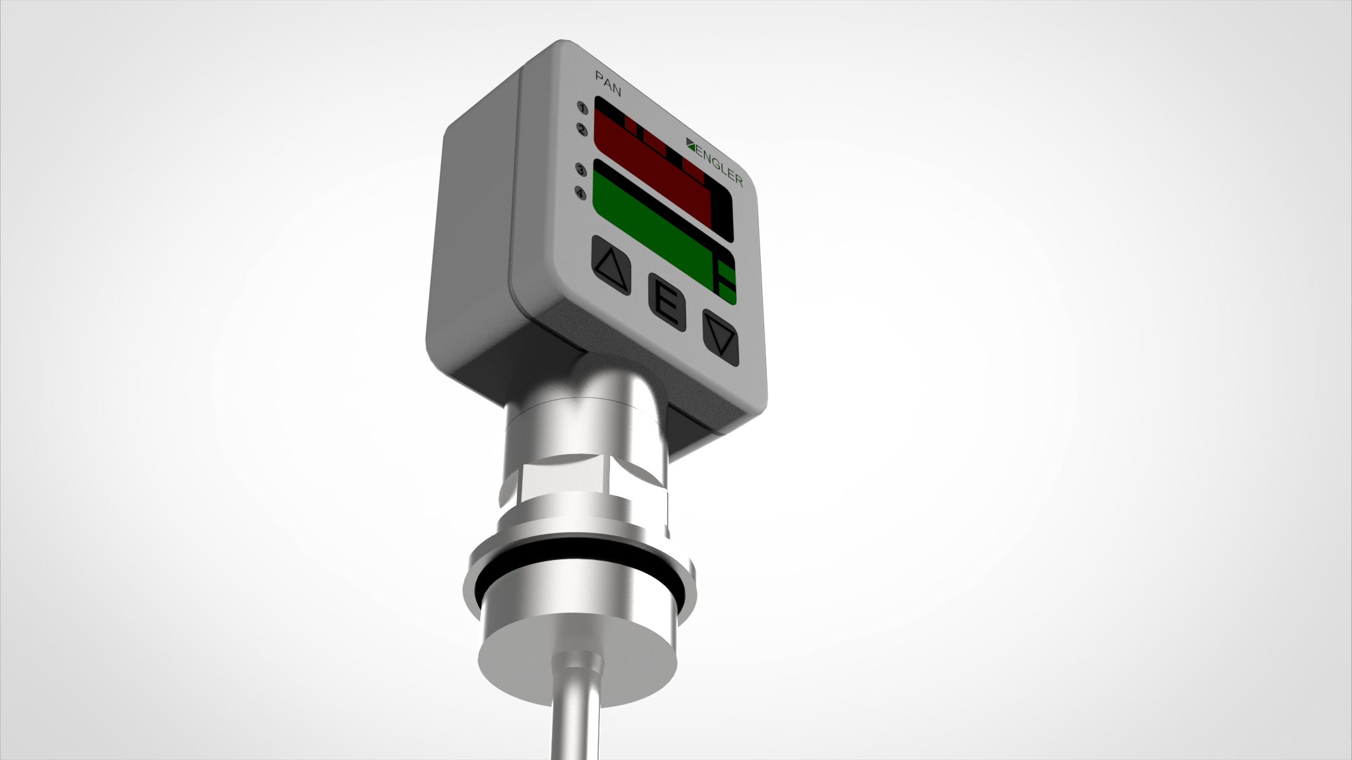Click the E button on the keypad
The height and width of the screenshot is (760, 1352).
[x=666, y=303]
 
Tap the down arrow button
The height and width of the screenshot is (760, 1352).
[x=721, y=339]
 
